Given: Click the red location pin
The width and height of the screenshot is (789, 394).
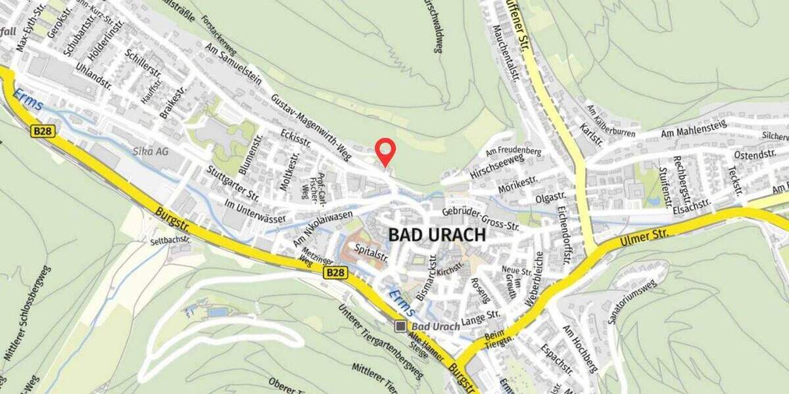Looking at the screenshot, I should coord(385,151).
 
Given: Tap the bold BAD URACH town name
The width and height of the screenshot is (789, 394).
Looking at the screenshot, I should coord(437,235).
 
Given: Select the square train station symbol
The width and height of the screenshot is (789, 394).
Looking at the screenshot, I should coord(400,326).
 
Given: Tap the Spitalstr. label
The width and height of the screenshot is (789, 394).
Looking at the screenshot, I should coord(368,249).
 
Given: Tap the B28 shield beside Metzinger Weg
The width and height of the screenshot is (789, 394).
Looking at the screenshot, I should coord(334,273).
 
